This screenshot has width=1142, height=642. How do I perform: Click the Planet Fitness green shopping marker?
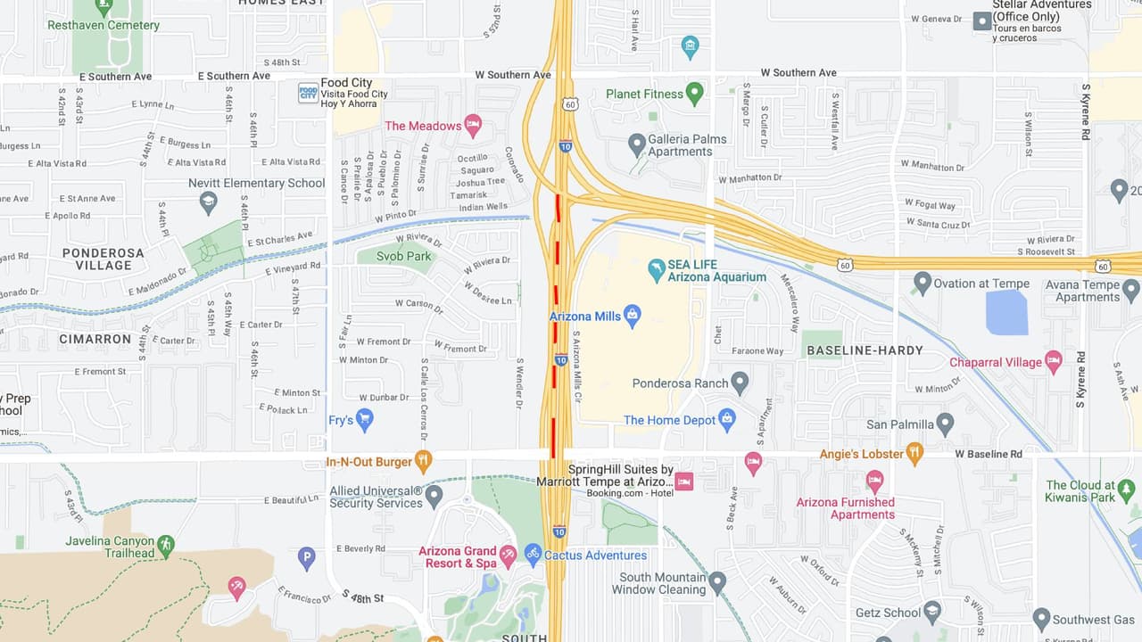point(694,92)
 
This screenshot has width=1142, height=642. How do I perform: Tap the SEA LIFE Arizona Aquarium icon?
point(657,268)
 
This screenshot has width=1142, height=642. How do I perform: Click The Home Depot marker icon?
point(726,418)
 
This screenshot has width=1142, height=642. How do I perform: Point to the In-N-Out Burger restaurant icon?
point(423,461)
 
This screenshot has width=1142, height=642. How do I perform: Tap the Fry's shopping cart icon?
point(364,418)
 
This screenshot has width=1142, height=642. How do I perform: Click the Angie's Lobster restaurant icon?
point(914,453)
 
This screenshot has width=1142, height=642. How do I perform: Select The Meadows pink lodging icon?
point(473,124)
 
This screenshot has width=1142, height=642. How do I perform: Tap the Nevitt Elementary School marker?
point(209,202)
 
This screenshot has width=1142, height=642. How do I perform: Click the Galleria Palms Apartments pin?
point(636,143)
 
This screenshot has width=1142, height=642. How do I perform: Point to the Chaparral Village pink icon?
point(1053,361)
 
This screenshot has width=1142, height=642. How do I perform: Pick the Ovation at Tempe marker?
point(923,283)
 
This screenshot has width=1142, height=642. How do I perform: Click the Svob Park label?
point(404,256)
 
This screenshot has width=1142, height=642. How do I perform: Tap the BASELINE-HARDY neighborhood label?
point(865,350)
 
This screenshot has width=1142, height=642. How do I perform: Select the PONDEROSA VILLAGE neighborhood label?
point(103,259)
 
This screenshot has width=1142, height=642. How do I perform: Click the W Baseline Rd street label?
point(989,454)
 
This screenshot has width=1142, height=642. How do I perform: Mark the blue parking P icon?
point(306,558)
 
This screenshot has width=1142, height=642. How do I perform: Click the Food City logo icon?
point(308,92)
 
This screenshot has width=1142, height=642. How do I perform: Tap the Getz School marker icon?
point(932,611)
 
